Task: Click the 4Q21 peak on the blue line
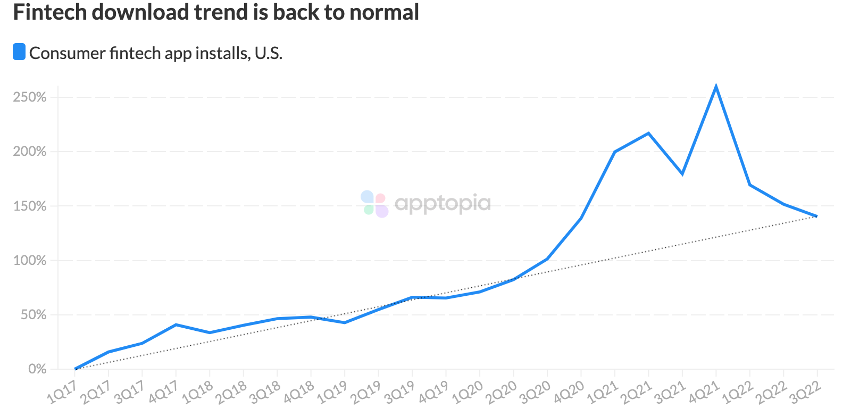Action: [716, 86]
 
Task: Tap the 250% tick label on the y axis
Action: [30, 97]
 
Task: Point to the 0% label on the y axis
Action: [37, 369]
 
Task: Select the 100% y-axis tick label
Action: [30, 261]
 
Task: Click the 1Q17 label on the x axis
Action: [63, 392]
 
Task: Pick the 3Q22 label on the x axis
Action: [805, 392]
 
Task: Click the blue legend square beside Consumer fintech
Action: [19, 52]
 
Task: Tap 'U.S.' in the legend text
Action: [268, 53]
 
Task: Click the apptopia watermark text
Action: [443, 203]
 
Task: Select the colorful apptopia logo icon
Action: [374, 204]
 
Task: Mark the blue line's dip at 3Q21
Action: [682, 174]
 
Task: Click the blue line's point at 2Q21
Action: [648, 133]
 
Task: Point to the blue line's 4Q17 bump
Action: [176, 324]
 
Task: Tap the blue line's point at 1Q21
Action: [615, 152]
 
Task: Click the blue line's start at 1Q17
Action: [76, 369]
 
